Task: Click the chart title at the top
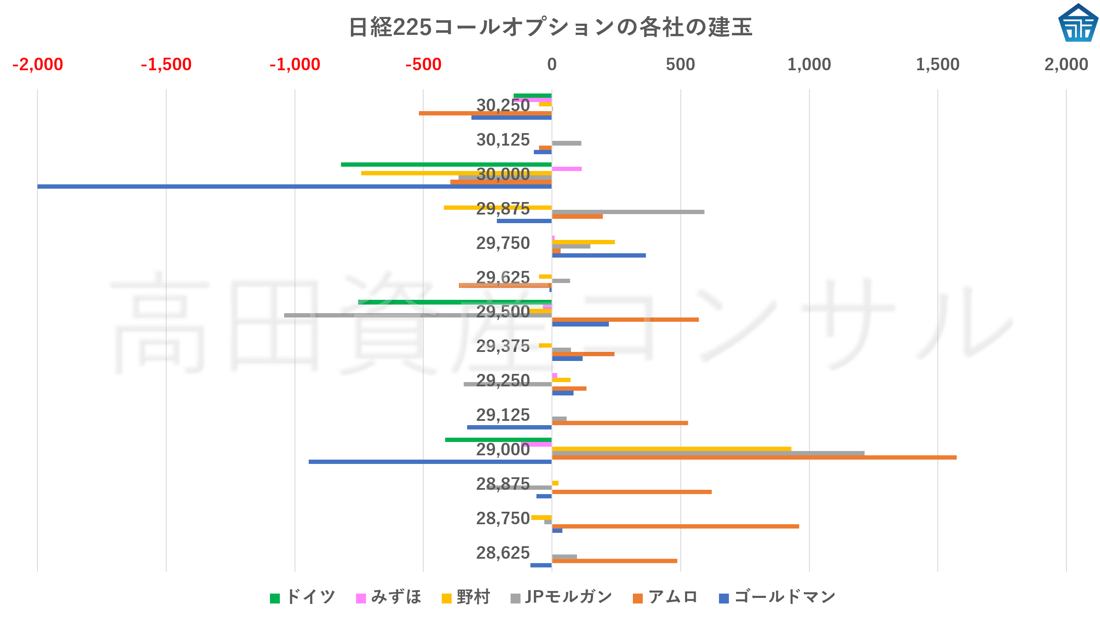click(550, 27)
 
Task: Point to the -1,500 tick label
click(166, 65)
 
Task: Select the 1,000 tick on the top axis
click(809, 65)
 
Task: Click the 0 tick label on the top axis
click(552, 65)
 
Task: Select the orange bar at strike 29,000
click(753, 457)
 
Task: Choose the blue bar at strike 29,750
click(598, 255)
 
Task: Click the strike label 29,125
click(503, 415)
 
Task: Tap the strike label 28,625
click(503, 553)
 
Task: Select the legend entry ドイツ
click(303, 597)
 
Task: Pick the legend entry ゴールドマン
click(777, 597)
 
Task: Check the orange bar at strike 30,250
click(485, 113)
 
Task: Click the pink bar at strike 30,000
click(567, 169)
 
